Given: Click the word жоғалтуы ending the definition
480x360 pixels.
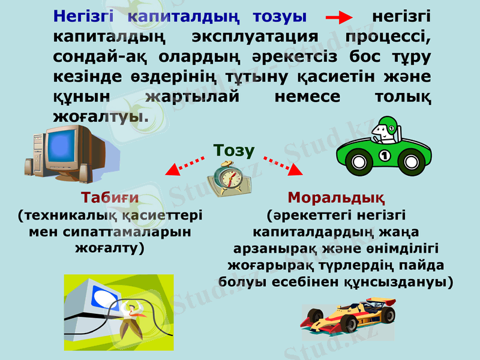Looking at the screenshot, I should tap(100, 115).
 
